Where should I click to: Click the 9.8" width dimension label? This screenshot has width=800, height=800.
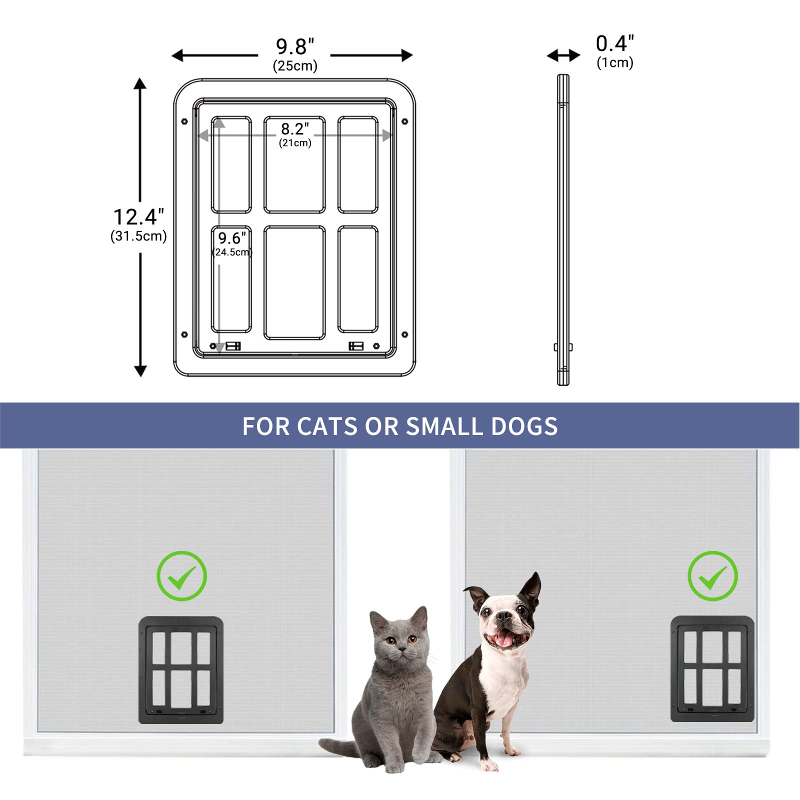click(295, 47)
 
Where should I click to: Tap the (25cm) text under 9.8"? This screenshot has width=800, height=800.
click(295, 66)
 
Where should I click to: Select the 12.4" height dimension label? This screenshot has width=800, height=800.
click(138, 217)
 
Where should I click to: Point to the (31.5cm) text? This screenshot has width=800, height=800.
click(138, 236)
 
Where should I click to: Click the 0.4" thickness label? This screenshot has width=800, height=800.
click(614, 44)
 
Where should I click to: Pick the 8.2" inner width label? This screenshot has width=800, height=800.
click(294, 129)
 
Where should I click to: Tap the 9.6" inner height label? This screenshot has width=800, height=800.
click(232, 238)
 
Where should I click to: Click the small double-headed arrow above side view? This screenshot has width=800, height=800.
click(563, 55)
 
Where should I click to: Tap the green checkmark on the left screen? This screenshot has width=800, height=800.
click(181, 576)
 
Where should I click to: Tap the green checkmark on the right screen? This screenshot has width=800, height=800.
click(712, 576)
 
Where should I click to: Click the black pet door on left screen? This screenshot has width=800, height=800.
click(181, 670)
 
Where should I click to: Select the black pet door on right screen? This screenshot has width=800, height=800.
click(712, 669)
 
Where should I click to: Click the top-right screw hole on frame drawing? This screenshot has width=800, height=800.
click(404, 121)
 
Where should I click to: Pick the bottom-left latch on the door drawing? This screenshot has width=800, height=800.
click(233, 346)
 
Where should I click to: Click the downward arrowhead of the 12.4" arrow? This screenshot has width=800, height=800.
click(140, 370)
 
